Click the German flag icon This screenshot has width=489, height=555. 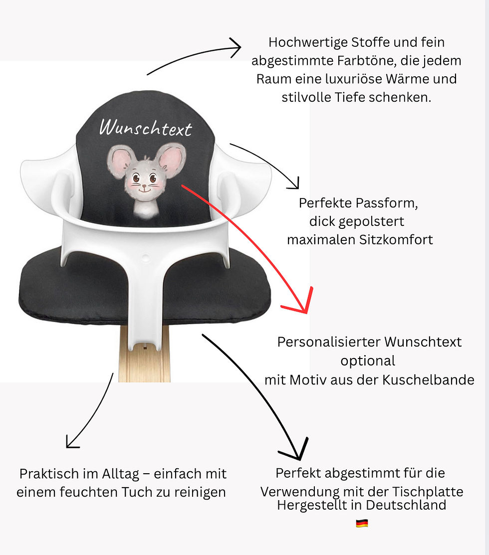click(x=362, y=523)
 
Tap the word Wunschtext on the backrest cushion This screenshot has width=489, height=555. click(x=145, y=128)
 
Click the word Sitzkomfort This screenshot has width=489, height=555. click(x=396, y=239)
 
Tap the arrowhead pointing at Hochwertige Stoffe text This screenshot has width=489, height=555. click(x=238, y=48)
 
